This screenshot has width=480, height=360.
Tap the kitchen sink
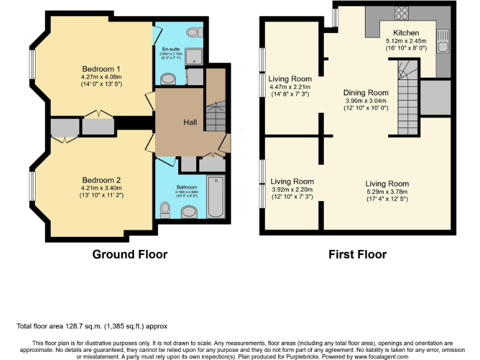click(444, 40)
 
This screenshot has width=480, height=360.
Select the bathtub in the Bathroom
click(214, 196)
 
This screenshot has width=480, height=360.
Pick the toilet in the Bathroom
click(165, 208)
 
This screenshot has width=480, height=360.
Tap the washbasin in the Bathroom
click(189, 212)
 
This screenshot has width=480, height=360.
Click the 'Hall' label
click(191, 122)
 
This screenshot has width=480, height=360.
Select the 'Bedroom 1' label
click(101, 69)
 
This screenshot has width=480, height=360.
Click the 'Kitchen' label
click(406, 32)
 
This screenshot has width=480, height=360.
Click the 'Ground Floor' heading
click(129, 254)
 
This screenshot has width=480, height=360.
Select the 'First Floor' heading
click(357, 254)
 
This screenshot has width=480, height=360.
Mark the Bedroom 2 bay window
click(32, 186)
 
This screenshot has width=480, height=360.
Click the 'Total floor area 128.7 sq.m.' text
click(92, 326)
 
